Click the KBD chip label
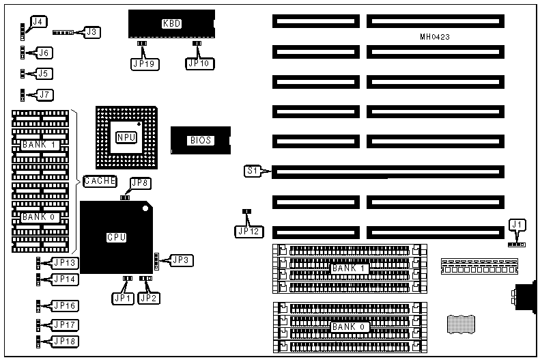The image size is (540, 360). tap(171, 24)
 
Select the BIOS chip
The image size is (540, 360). tap(201, 141)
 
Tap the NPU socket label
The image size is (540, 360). tap(126, 137)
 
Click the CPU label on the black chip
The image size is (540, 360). tap(116, 238)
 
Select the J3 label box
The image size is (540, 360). tap(91, 31)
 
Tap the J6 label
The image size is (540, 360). tap(44, 53)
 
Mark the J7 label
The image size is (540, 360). tap(44, 94)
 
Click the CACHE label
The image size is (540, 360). tap(100, 181)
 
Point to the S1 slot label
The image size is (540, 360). tap(253, 171)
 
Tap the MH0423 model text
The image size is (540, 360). tap(435, 36)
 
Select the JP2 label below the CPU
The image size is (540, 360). tap(148, 297)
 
